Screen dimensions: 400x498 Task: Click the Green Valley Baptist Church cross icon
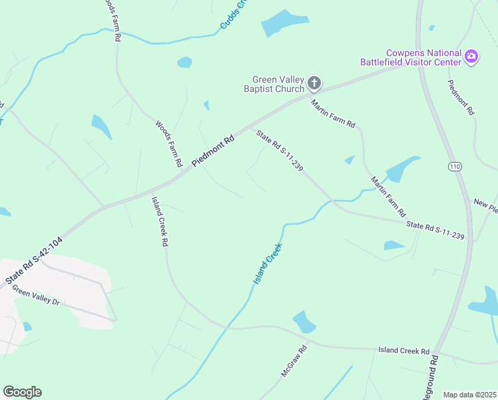[x=314, y=84]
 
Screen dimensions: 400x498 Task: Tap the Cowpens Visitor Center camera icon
[x=471, y=56]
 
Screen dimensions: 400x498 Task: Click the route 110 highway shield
[x=455, y=165]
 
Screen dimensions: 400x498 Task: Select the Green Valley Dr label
[x=36, y=295]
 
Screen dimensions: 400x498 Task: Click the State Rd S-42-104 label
[x=34, y=259]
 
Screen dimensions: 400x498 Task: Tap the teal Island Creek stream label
[x=269, y=263]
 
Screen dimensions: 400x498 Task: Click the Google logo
[x=22, y=392]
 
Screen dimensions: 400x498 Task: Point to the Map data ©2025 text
[x=469, y=395]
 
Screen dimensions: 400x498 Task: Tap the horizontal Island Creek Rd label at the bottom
[x=403, y=350]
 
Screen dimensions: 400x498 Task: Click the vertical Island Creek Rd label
[x=159, y=221]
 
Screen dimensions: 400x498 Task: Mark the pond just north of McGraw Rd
[x=304, y=321]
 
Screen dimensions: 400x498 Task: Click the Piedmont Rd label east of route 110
[x=461, y=98]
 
